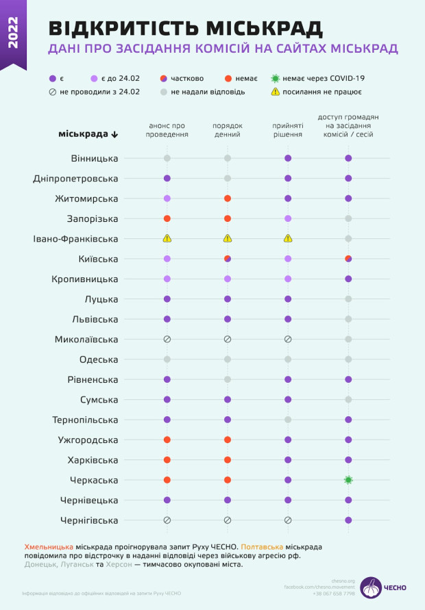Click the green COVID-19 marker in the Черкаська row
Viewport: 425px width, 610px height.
pos(348,480)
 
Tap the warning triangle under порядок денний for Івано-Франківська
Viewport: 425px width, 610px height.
pos(227,239)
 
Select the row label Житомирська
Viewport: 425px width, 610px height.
pos(86,199)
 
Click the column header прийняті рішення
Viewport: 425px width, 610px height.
pos(288,130)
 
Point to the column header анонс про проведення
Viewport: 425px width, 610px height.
pos(167,130)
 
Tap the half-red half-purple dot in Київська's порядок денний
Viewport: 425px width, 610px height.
pos(227,259)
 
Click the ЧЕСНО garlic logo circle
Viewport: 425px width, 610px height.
pos(371,587)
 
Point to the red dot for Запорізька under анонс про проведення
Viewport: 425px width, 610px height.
pos(167,218)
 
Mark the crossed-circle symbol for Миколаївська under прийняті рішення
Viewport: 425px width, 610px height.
pos(288,339)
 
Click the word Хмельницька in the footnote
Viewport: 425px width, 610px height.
pos(49,547)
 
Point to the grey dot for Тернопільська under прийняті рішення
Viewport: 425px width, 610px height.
pos(288,420)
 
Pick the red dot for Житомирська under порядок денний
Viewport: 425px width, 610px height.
pos(227,199)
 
